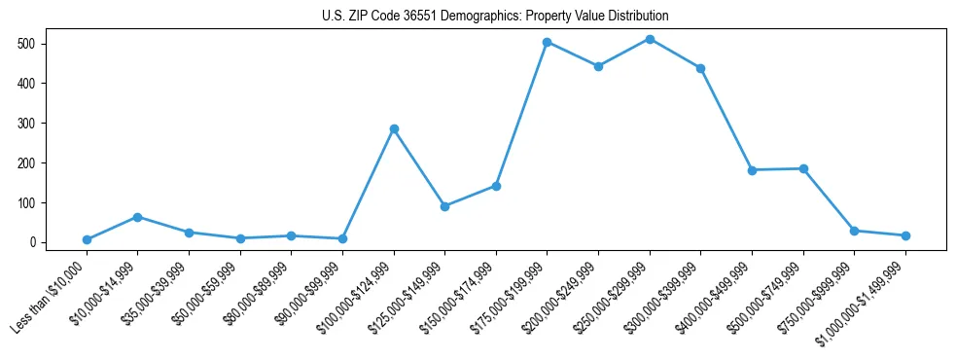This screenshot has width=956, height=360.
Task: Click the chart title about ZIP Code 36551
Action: click(495, 17)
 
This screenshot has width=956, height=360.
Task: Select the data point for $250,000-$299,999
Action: click(650, 39)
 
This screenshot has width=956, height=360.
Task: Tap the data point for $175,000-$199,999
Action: click(548, 42)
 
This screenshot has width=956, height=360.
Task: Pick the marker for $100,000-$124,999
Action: click(394, 128)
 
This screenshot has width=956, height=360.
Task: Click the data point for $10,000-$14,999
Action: click(138, 217)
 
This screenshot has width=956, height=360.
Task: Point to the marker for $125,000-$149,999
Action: click(444, 206)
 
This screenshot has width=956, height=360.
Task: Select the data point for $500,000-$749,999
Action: click(803, 168)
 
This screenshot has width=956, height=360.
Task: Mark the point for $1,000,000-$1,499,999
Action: click(905, 235)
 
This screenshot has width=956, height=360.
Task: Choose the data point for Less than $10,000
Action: click(87, 239)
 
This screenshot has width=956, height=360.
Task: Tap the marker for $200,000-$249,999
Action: click(598, 66)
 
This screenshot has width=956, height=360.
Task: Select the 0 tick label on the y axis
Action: click(31, 242)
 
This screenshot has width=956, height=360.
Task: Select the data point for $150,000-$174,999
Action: click(496, 186)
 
